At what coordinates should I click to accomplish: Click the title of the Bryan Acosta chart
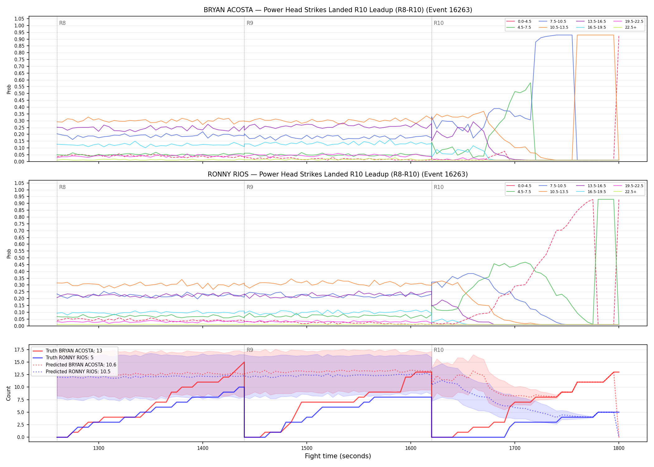tap(338, 10)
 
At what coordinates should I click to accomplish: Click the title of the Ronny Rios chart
tap(338, 174)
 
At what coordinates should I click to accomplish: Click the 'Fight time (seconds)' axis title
tap(338, 456)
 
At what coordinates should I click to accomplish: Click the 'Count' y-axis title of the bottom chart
tap(8, 393)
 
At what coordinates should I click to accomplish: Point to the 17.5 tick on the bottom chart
tap(19, 350)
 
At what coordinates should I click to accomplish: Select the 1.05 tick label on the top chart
tap(19, 19)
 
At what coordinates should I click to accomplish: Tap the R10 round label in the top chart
tap(438, 23)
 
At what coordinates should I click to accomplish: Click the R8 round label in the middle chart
tap(62, 187)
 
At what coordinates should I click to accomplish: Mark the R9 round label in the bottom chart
tap(250, 350)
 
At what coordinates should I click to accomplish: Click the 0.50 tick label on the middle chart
tap(19, 258)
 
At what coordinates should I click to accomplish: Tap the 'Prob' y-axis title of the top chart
tap(9, 89)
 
